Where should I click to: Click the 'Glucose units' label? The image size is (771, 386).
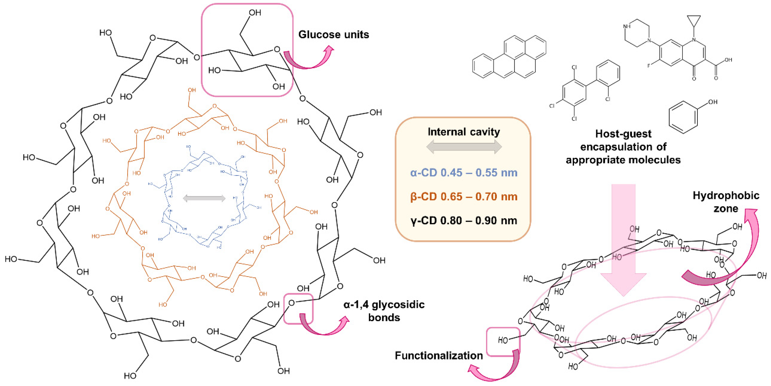click(333, 34)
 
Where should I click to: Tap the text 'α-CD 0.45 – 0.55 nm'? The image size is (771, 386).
click(464, 173)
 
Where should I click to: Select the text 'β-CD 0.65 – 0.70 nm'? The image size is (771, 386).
click(464, 197)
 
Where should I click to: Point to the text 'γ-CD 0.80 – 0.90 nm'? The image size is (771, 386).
click(464, 221)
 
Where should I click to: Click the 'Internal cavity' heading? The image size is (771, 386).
click(464, 132)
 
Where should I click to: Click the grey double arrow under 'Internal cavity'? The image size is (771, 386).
click(464, 147)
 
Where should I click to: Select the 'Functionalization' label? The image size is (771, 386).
click(438, 355)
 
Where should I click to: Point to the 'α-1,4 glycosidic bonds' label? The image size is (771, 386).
click(384, 311)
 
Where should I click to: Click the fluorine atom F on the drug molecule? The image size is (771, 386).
click(649, 66)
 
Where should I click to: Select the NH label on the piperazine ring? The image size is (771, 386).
click(627, 26)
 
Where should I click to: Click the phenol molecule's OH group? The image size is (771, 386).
click(713, 102)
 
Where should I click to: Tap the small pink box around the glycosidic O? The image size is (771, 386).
click(298, 309)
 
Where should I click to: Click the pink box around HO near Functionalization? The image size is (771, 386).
click(503, 342)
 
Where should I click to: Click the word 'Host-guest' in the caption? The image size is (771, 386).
click(623, 134)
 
